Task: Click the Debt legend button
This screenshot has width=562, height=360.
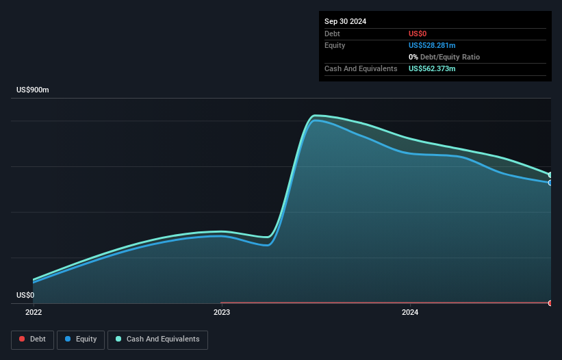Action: coord(31,339)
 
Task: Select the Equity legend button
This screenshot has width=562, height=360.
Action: coord(81,339)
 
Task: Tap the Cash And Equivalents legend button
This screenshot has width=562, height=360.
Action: coord(157,339)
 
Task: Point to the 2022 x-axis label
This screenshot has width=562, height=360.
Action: coord(33,313)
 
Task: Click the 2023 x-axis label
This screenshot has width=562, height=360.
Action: coord(222,313)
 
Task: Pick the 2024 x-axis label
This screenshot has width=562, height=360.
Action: coord(409,313)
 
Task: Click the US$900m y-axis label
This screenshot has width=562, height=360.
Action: coord(33,90)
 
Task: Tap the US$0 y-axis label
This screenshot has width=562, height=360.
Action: coord(25,296)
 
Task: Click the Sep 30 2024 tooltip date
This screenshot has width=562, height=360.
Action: coord(346,21)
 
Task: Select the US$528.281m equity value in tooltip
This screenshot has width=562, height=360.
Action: coord(432,45)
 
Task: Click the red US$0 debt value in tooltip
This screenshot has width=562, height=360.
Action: coord(418,34)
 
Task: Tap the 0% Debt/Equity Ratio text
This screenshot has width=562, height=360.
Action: coord(444,57)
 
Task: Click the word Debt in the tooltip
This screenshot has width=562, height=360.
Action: coord(332,34)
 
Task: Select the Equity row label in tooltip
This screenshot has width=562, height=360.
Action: coord(334,45)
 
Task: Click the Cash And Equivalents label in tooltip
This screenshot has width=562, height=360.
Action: coord(361,68)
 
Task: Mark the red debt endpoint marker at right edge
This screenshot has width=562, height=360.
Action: coord(550,303)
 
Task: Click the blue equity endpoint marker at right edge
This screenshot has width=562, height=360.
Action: coord(550,183)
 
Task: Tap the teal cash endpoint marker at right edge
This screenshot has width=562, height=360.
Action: coord(550,175)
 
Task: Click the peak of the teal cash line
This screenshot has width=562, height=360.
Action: coord(315,115)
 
